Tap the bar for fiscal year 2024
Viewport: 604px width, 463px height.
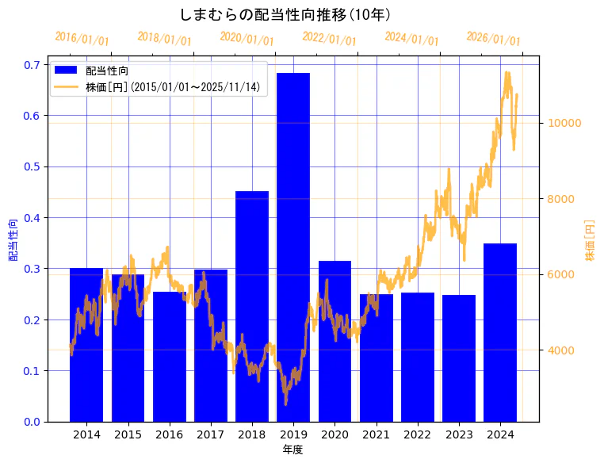coord(500,332)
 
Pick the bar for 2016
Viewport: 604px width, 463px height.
coord(169,356)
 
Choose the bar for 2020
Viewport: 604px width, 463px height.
coord(334,341)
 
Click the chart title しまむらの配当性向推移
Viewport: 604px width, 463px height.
coord(285,14)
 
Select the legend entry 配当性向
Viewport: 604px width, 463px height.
coord(107,71)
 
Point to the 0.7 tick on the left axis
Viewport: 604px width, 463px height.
coord(32,65)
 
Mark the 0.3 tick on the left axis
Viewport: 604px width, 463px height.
coord(32,269)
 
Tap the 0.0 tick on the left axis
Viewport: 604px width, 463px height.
coord(32,422)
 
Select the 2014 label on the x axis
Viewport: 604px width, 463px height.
coord(86,435)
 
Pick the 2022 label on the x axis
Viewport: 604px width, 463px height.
coord(418,435)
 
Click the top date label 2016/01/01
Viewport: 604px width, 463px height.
coord(82,39)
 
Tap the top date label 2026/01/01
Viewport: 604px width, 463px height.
coord(493,39)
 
